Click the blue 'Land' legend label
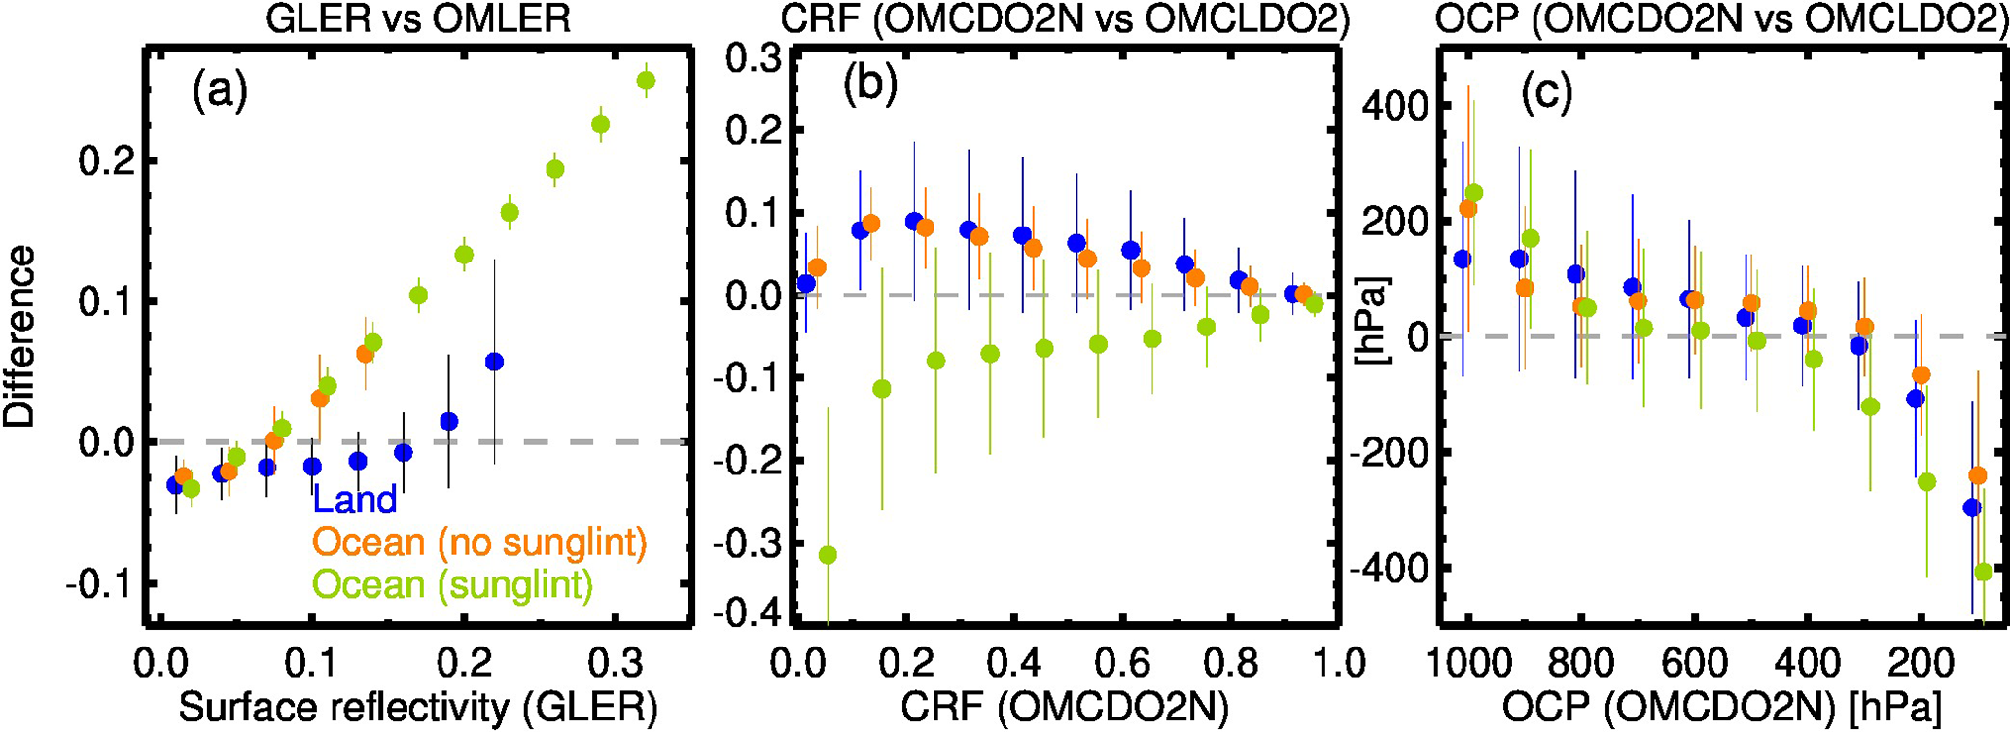(x=354, y=500)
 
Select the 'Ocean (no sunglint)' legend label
(x=479, y=542)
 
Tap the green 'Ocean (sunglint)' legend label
(x=453, y=585)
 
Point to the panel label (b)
(x=870, y=87)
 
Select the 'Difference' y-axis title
(x=19, y=336)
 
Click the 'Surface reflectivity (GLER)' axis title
(x=418, y=710)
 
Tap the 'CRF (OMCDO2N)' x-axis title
(x=1065, y=710)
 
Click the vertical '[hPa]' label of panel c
(x=1375, y=321)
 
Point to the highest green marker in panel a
(x=646, y=81)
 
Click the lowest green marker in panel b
(x=828, y=555)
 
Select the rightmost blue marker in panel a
(x=494, y=362)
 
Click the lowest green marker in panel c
(x=1984, y=572)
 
